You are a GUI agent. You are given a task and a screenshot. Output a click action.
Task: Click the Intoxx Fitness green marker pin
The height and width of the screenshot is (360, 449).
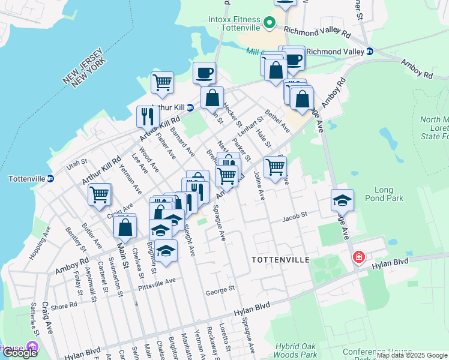click(270, 24)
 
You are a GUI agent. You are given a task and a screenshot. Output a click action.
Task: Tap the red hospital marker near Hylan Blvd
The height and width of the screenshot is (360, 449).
click(359, 257)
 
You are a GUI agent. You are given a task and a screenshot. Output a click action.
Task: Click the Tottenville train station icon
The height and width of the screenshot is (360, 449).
click(51, 178)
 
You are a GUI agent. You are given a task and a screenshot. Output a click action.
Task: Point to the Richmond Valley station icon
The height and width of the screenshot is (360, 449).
click(370, 52)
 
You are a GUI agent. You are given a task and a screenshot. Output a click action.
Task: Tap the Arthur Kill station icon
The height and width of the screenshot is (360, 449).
click(190, 108)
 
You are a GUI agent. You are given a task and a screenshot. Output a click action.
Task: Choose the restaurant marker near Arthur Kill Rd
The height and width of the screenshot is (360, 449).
click(147, 115)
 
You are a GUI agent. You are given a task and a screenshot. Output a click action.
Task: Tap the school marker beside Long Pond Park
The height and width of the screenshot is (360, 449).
click(342, 200)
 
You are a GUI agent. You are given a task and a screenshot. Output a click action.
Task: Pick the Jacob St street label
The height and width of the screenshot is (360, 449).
click(295, 214)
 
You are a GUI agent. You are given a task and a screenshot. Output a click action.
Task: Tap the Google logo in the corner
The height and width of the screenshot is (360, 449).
click(20, 353)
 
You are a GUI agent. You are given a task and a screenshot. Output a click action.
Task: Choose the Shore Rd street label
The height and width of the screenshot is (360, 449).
click(64, 304)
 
